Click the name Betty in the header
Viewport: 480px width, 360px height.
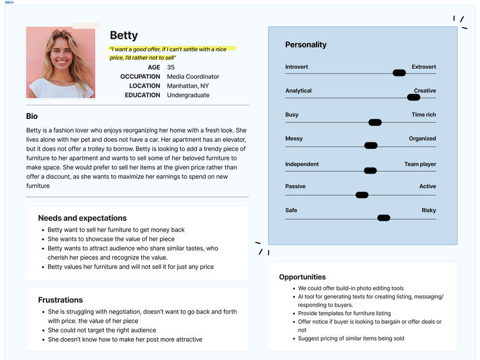coord(124,35)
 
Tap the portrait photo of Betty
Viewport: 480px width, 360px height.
coord(61,62)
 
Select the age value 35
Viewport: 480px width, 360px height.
coord(171,67)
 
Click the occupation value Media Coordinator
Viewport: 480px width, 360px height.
coord(193,76)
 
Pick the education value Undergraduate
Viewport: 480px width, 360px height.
coord(188,95)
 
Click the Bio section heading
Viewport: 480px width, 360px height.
coord(32,116)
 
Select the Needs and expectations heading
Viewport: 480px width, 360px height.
coord(82,218)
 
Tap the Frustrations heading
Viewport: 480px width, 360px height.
coord(61,300)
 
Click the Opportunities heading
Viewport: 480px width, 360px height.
coord(302,277)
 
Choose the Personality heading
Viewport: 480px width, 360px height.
coord(306,45)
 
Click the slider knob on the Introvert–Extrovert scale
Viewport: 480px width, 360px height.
coord(399,73)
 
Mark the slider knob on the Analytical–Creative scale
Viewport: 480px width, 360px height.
coord(414,97)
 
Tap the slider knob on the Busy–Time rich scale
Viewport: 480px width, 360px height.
coord(375,122)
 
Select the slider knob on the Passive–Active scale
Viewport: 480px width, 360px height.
coord(362,195)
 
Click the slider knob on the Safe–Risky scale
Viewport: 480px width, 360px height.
coord(384,218)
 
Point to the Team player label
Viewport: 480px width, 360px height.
coord(420,164)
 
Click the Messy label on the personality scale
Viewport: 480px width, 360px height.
coord(294,139)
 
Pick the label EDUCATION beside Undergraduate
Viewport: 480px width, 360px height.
coord(142,95)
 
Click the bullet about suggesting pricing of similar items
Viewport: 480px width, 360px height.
coord(351,338)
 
